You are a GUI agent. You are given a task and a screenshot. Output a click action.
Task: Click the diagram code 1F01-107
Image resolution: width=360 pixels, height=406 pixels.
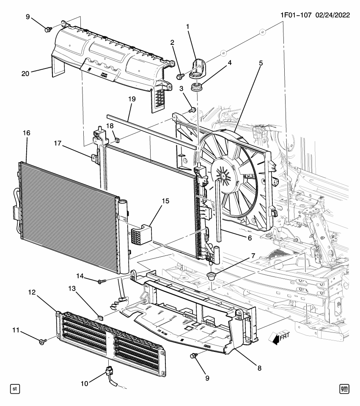click(296, 15)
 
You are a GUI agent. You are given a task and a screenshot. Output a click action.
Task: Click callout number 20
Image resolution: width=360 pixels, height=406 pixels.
click(26, 73)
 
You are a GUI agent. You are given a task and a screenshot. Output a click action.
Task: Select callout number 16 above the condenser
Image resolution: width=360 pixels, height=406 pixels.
click(26, 133)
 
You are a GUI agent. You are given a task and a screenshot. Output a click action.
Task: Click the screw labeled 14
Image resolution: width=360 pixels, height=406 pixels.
click(100, 281)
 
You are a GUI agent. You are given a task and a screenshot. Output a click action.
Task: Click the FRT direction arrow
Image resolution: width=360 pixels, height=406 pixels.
click(277, 337)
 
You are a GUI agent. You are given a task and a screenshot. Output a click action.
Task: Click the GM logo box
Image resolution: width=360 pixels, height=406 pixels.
click(345, 388)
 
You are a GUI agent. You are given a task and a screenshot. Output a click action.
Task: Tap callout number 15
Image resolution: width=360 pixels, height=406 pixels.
click(165, 201)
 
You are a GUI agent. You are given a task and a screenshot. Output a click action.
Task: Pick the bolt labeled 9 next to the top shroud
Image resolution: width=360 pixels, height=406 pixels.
click(49, 29)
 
